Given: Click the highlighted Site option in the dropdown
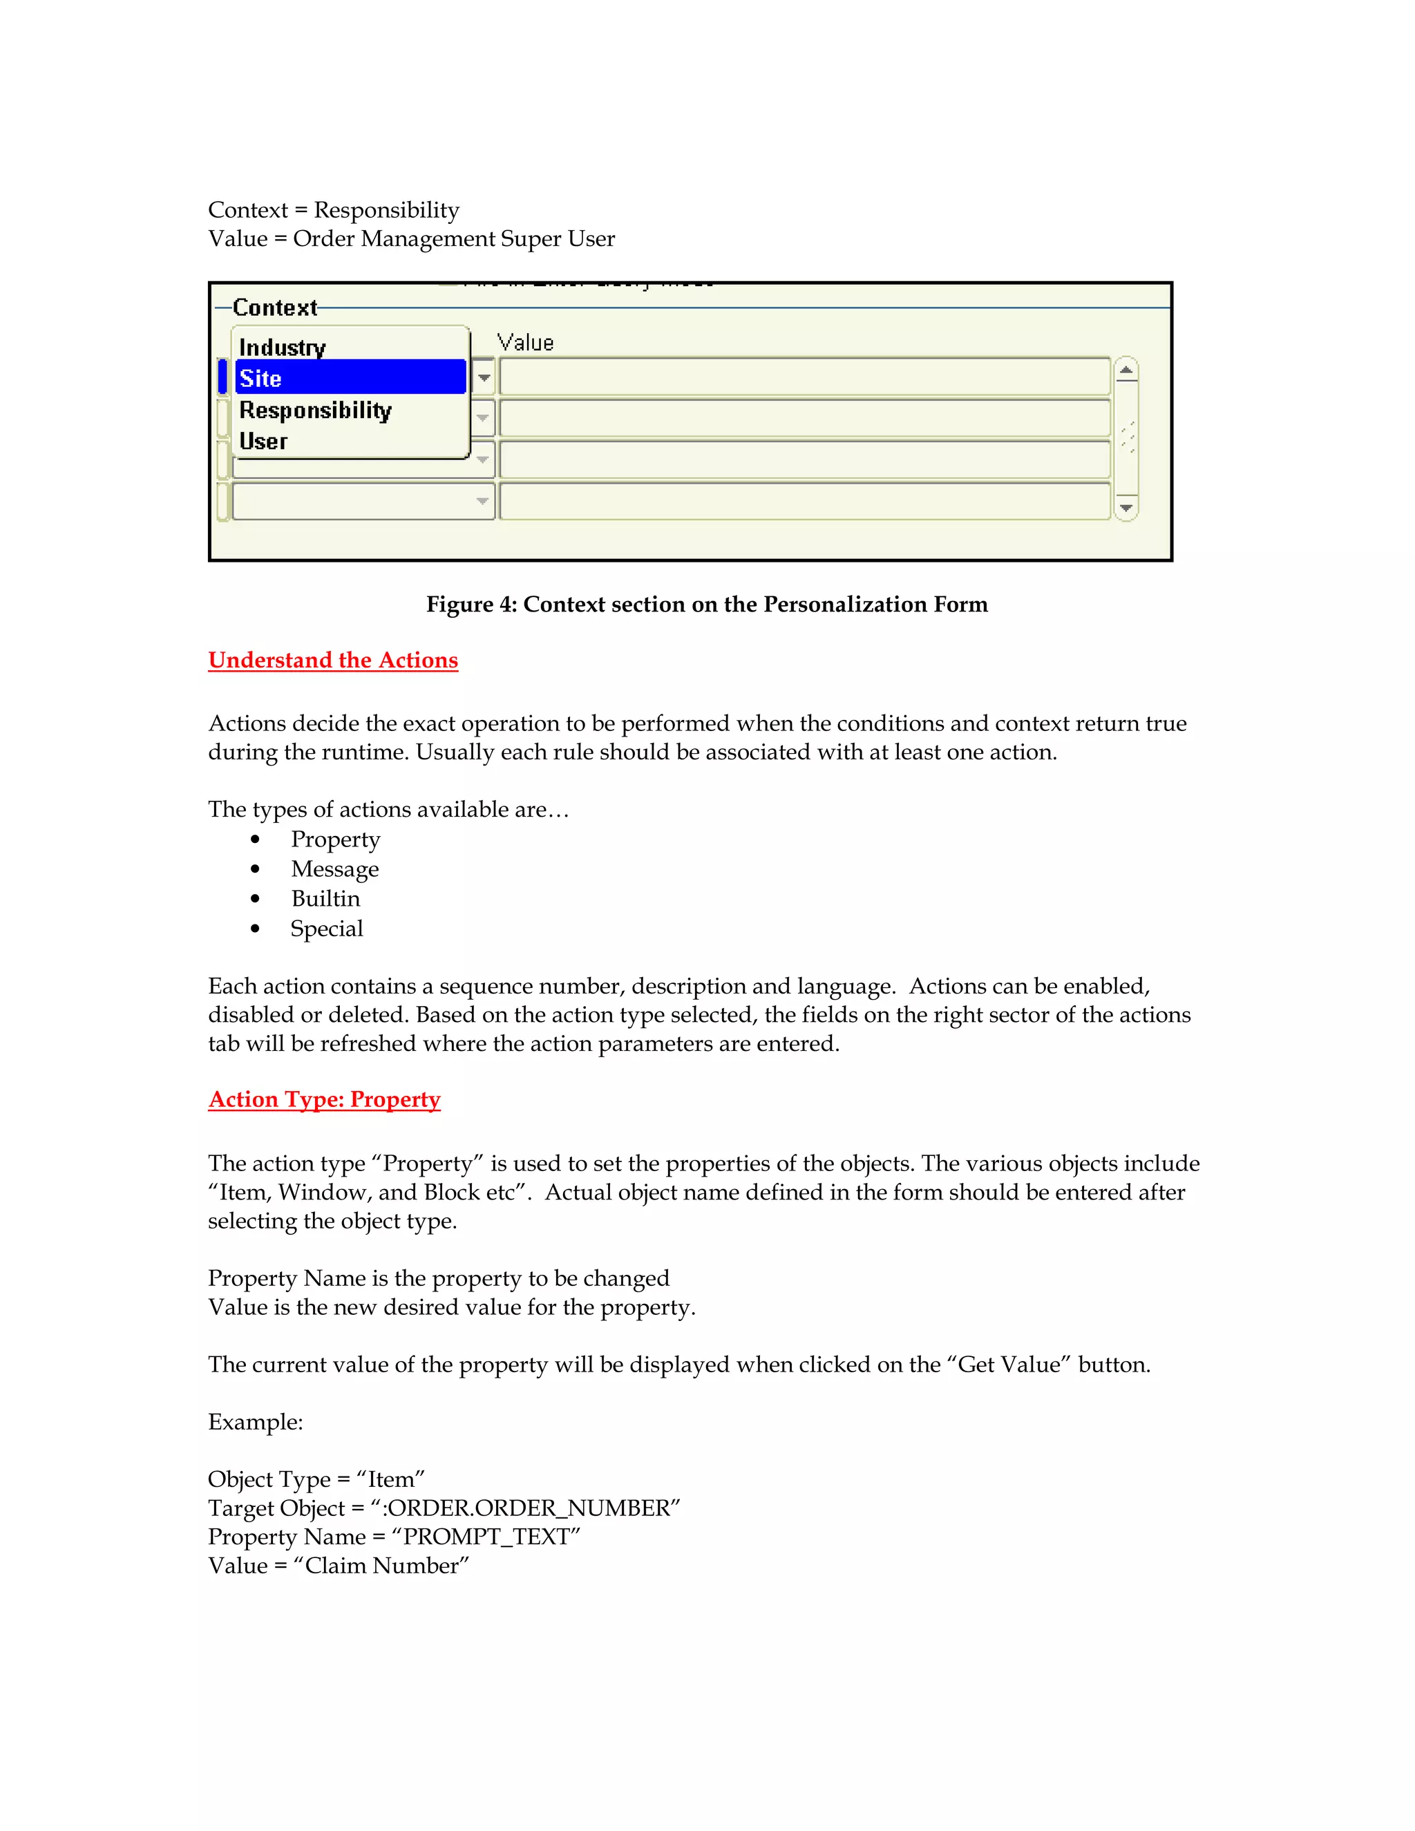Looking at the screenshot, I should (350, 378).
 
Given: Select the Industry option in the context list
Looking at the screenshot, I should (283, 347).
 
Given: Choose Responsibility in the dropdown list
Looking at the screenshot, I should (315, 410).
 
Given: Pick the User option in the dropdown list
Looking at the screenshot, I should (263, 441).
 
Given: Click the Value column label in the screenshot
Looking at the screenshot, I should (526, 342).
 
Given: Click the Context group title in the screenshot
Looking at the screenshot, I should (275, 307).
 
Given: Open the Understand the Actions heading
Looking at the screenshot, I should (333, 661).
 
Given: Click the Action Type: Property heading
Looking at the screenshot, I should (325, 1100).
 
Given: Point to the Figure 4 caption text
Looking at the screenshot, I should (707, 605).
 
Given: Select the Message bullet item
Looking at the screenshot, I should (334, 869).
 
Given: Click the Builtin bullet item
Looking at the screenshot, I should (325, 899).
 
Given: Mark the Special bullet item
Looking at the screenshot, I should (326, 929).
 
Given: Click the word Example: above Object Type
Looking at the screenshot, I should (256, 1422).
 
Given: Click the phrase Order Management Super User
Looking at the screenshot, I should (453, 239).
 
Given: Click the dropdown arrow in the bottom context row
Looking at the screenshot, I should (482, 502).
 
